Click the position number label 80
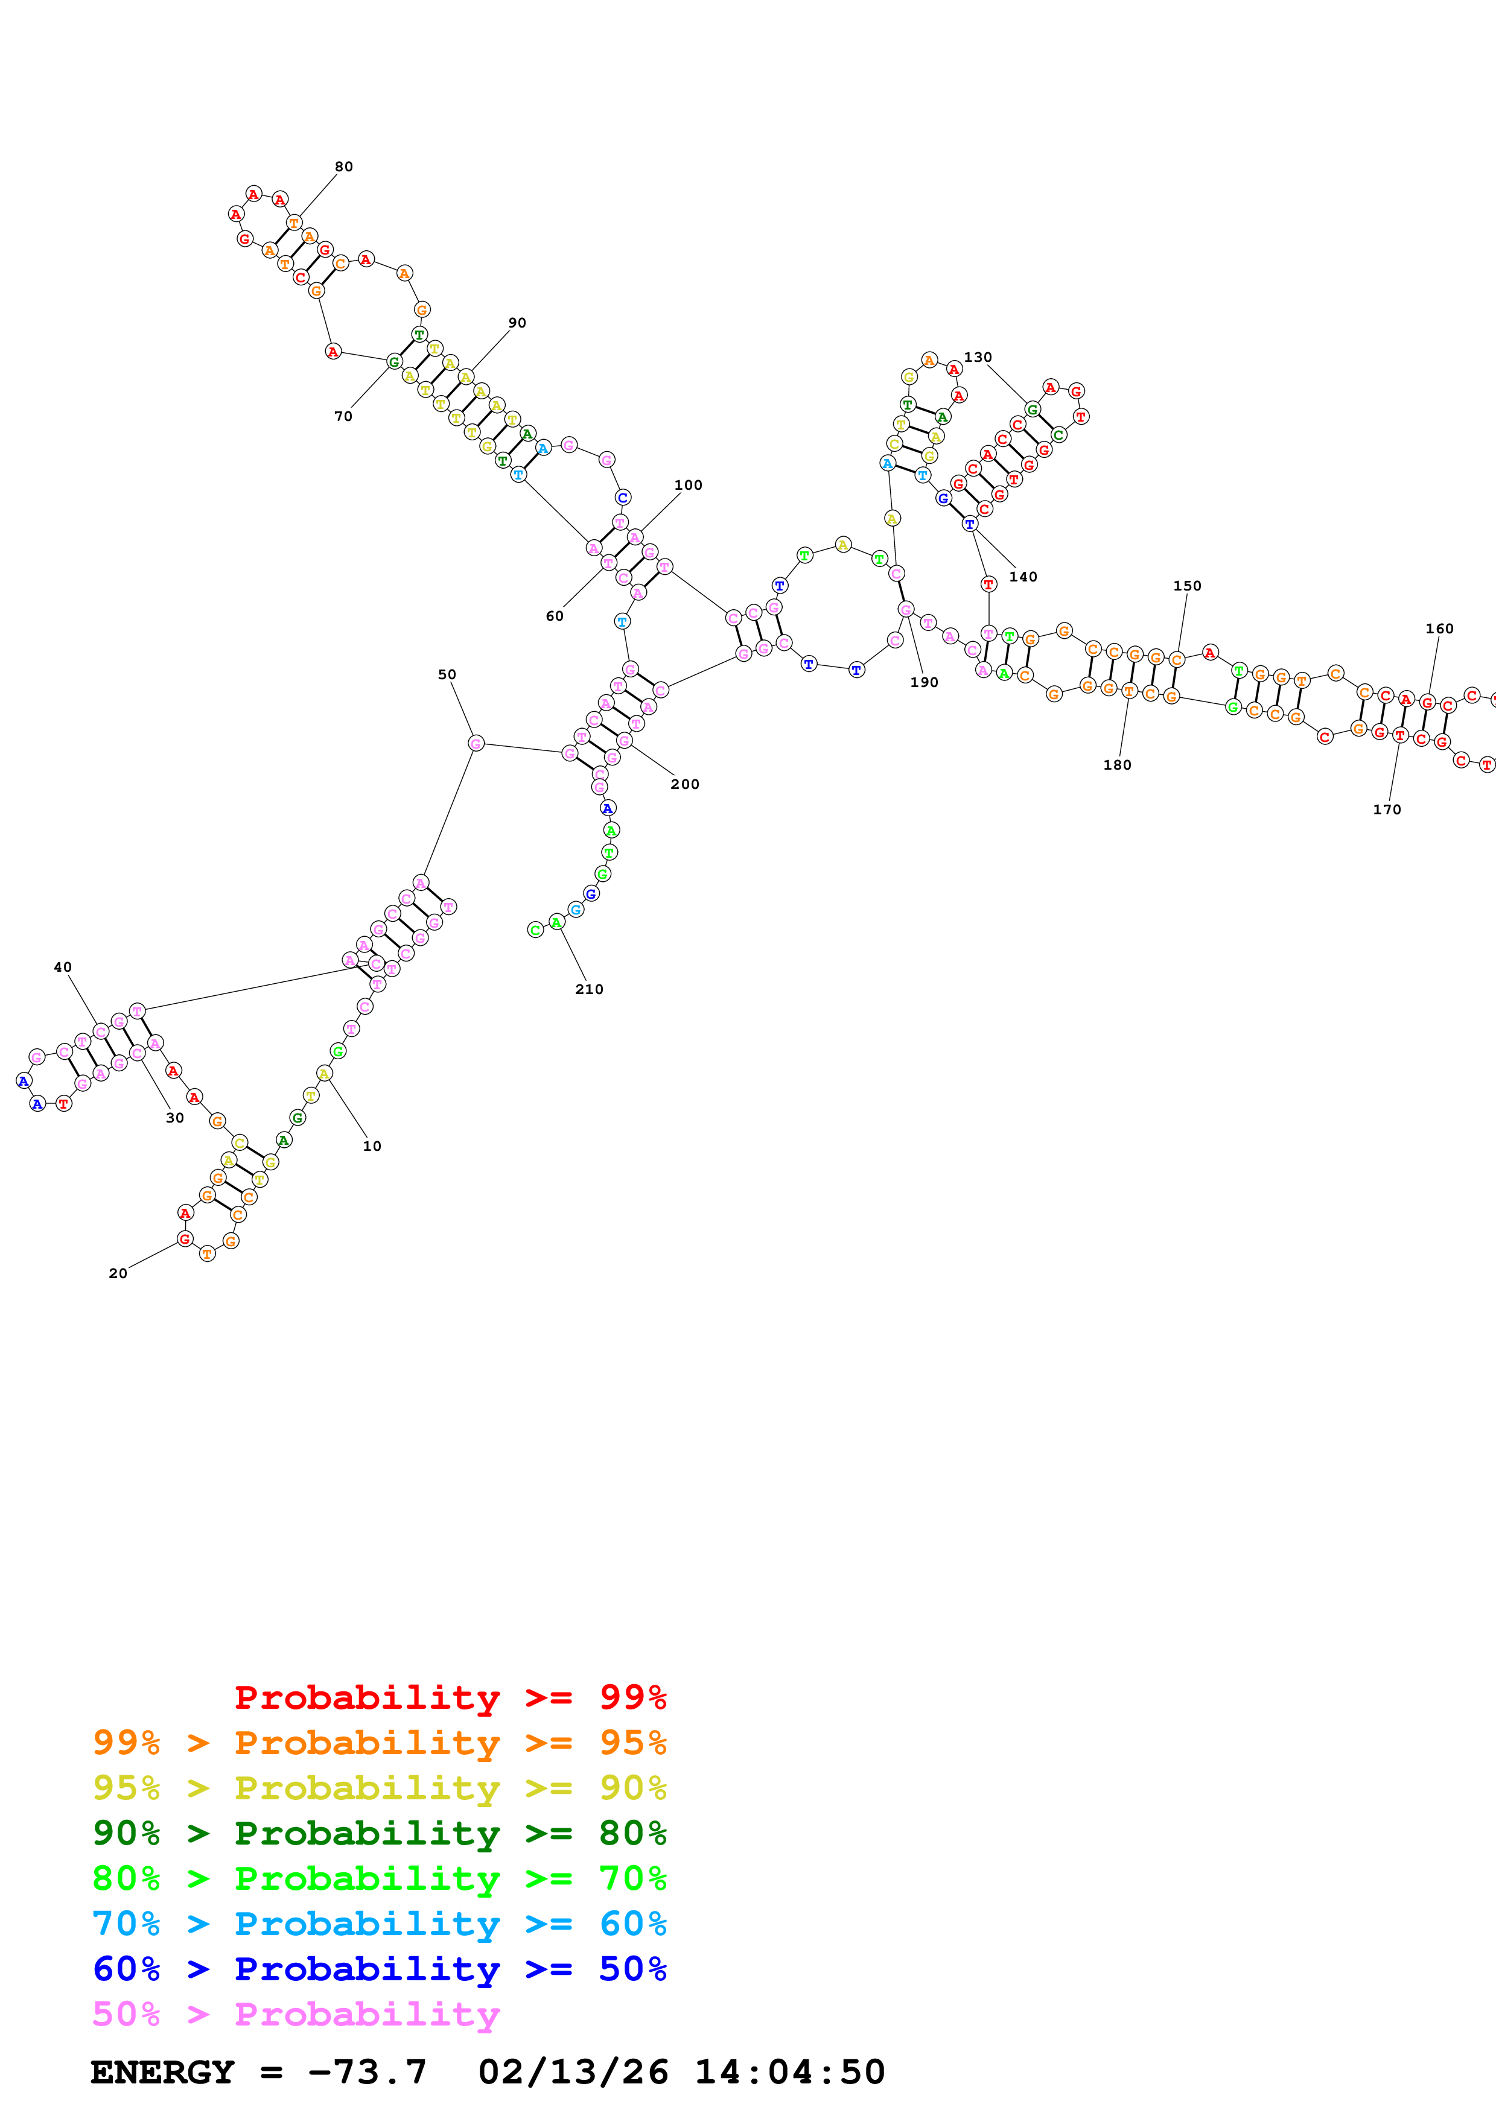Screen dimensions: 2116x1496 [344, 167]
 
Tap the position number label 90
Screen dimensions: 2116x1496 [517, 323]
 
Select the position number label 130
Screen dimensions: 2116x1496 [978, 358]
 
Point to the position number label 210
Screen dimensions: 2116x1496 [589, 989]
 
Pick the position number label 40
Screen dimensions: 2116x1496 [63, 967]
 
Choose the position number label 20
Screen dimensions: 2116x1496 [118, 1273]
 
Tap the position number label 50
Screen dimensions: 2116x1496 [447, 674]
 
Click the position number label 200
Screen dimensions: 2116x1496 [685, 784]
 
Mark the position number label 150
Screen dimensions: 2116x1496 [1187, 586]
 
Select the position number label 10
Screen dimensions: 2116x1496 [372, 1145]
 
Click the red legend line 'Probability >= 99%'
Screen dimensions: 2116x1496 [450, 1697]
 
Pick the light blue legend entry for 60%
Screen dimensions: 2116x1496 [379, 1924]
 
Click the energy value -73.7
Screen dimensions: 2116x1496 [367, 2072]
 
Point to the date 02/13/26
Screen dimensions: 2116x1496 [573, 2072]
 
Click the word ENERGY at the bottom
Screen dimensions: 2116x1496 [162, 2072]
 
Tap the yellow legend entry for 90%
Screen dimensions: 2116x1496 [379, 1787]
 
